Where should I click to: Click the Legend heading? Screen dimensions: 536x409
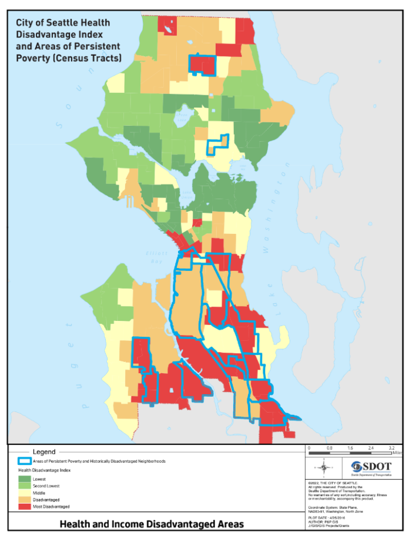[44, 452]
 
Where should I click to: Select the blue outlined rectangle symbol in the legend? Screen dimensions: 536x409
[25, 461]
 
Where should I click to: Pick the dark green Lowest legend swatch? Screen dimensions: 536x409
[25, 480]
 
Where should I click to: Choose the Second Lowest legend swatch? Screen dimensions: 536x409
[25, 486]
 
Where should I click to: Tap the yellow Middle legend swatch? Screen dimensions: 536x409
[25, 493]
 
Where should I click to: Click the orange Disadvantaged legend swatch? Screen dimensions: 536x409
[25, 500]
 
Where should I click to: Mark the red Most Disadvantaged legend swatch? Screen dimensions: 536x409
[25, 506]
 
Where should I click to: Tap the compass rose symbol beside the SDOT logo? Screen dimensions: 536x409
[323, 468]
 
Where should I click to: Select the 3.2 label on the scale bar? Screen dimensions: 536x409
[391, 448]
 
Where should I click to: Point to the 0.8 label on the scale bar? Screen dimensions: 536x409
[329, 448]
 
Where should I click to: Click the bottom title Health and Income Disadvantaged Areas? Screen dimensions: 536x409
[152, 524]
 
